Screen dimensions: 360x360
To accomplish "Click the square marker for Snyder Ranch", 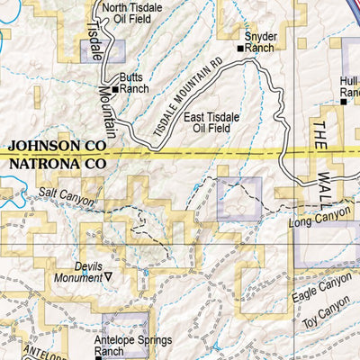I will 240,48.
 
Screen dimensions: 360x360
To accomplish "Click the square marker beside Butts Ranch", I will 115,89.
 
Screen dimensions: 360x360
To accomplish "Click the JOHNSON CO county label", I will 57,146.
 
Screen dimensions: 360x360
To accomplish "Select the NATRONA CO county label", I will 57,165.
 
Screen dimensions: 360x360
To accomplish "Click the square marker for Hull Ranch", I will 343,103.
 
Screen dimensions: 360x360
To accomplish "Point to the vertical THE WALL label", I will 322,157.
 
